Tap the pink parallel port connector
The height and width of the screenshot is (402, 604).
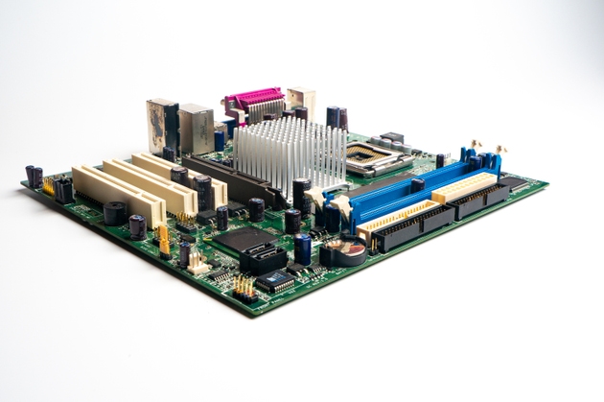click(254, 99)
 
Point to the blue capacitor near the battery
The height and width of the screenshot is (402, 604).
click(303, 248)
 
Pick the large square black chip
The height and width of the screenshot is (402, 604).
click(233, 239)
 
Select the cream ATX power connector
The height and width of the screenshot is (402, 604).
click(464, 187)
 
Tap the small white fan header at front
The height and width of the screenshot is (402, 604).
click(198, 263)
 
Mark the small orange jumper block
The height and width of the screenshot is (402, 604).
click(164, 240)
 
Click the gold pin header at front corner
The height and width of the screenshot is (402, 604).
click(244, 287)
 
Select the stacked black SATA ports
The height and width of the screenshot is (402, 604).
click(263, 257)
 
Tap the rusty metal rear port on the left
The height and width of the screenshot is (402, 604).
click(161, 120)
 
